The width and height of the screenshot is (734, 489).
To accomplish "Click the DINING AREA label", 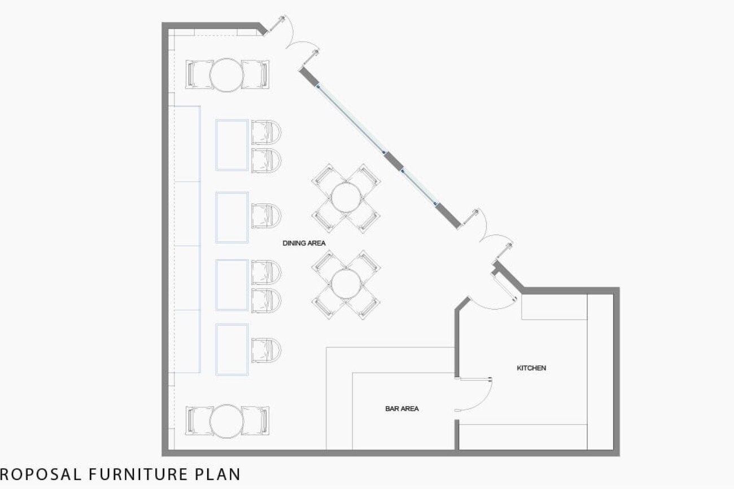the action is (x=304, y=243).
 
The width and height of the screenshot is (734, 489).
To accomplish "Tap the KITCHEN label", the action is (x=531, y=368).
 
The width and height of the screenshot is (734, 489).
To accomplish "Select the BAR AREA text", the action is (x=402, y=408).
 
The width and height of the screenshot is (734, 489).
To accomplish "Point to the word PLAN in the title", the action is (x=218, y=474).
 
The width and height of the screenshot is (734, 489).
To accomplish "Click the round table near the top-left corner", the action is (x=226, y=75).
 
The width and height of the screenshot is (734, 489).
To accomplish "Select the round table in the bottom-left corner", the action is (x=226, y=421).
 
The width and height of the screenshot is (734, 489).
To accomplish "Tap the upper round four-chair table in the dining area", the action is (x=346, y=198).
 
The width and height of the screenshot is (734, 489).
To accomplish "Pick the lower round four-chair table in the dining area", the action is (x=346, y=284).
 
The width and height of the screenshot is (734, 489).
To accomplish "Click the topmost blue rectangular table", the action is (x=231, y=145).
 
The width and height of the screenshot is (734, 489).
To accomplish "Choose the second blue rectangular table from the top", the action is (x=231, y=217).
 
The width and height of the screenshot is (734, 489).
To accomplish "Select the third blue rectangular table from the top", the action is (x=231, y=285).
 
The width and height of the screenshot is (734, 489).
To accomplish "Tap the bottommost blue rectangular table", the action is (x=231, y=350).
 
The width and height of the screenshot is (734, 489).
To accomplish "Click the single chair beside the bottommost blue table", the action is (x=266, y=350).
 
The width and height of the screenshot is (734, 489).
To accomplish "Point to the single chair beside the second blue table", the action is (x=266, y=216).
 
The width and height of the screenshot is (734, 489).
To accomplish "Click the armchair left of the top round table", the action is (x=199, y=74).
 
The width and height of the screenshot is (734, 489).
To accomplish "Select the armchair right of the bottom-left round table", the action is (x=255, y=421).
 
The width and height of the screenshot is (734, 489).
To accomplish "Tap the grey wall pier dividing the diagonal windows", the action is (x=393, y=161).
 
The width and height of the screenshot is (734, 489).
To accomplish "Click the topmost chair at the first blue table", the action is (x=266, y=133).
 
